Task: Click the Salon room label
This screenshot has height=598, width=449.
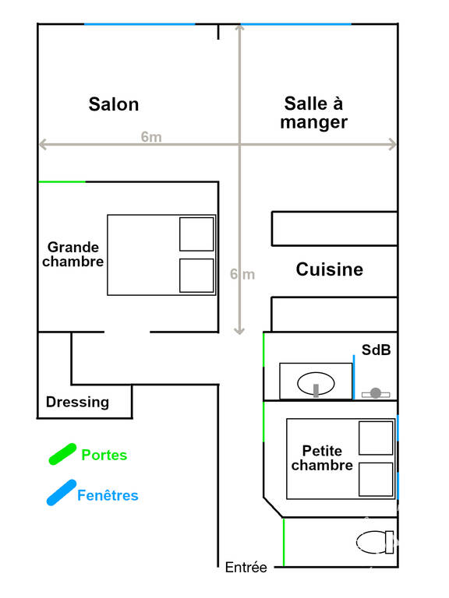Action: pos(114,104)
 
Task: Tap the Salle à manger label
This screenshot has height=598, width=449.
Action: pos(314,113)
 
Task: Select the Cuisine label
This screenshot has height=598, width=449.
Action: pos(330,269)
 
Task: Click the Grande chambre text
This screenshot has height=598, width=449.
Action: pos(73,255)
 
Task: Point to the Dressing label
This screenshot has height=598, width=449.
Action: pos(77,403)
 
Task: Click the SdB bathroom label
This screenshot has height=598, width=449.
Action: pos(376,350)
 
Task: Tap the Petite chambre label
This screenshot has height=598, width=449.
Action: pos(322,458)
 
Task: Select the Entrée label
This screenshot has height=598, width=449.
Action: pos(246,567)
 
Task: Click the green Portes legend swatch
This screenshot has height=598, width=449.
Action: pos(62,454)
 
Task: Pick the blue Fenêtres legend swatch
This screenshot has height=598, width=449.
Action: pos(62,492)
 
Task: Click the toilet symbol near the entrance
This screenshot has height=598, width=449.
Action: pos(375,542)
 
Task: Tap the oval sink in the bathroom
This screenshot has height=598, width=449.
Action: pos(316,384)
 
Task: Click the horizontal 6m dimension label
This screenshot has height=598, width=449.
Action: pos(151,136)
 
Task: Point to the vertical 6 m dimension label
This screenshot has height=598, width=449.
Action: pos(242,274)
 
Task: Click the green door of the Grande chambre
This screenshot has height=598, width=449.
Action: pos(62,182)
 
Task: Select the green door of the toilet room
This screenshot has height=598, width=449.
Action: pos(284,542)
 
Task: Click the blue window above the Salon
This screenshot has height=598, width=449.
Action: pos(140,24)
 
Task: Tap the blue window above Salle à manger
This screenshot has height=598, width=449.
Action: pos(296,24)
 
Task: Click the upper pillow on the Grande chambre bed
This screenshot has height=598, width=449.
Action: pos(196,234)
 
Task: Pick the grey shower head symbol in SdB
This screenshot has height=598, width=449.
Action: pos(376,392)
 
